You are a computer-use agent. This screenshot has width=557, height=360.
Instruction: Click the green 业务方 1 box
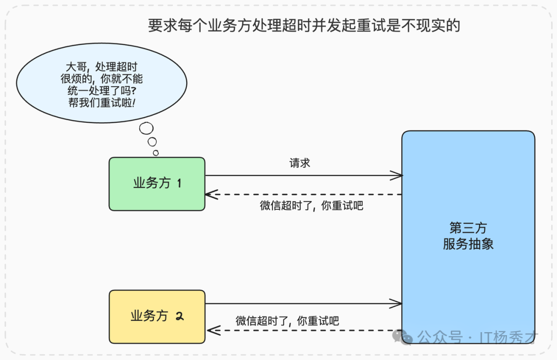tap(157, 184)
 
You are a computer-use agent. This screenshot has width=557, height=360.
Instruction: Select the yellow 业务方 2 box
tap(157, 316)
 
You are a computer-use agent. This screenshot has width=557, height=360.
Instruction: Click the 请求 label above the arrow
tap(300, 163)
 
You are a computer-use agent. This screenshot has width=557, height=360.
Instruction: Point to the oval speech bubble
tap(102, 84)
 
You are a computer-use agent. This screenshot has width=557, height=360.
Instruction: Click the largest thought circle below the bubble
tap(146, 128)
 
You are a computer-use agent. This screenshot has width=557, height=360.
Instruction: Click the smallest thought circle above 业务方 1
tap(156, 153)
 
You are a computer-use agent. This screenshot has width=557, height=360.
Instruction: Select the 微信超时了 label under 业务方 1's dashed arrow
tap(312, 206)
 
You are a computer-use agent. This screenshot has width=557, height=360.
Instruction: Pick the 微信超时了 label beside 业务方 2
tap(287, 320)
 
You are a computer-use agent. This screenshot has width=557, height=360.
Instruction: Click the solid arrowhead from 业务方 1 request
tap(397, 176)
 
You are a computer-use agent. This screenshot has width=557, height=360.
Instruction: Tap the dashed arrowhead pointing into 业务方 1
tap(211, 194)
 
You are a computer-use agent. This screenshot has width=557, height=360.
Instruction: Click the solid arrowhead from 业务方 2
tap(397, 304)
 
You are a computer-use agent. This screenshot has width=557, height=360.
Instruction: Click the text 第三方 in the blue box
tap(468, 228)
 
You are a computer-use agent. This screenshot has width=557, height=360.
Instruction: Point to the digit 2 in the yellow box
tap(179, 316)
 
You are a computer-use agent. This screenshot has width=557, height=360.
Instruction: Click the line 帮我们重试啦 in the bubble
tap(102, 103)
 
